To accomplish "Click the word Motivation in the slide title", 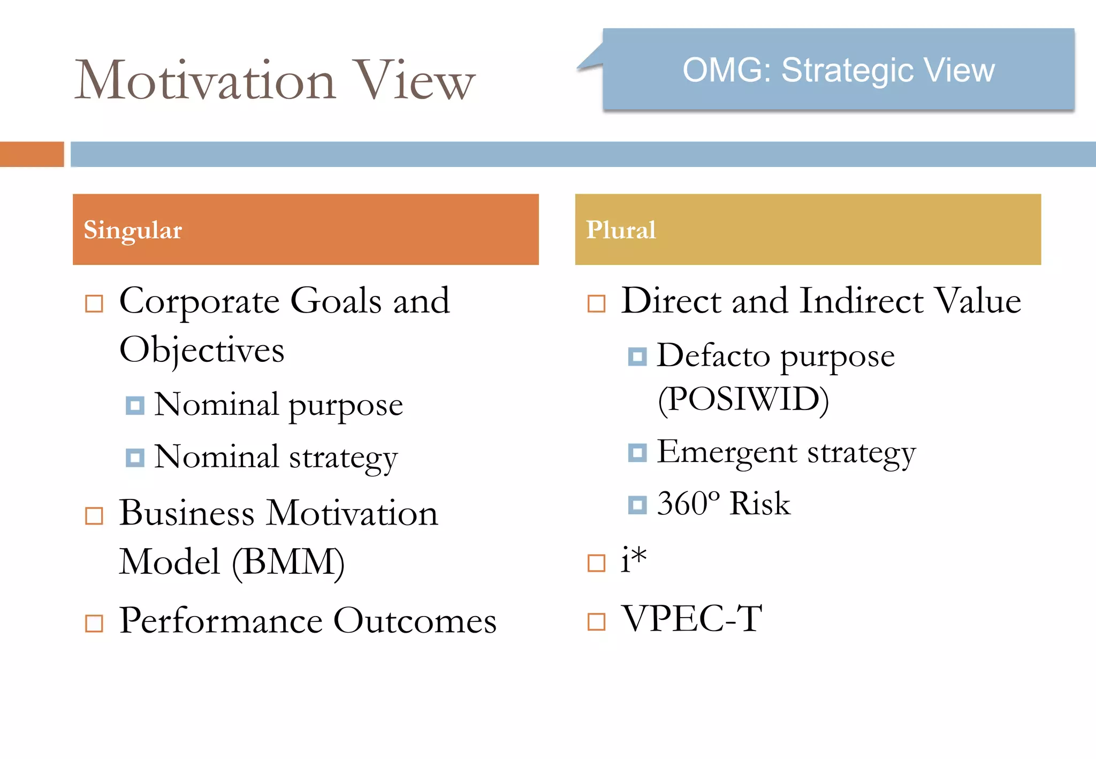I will (206, 80).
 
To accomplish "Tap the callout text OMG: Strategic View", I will (838, 70).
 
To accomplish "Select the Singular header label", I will (133, 230).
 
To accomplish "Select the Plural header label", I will (620, 230).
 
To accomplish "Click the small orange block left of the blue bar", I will (32, 154).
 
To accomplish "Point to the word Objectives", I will (202, 350).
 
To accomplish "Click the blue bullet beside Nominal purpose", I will (135, 405).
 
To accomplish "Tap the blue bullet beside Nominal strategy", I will (135, 458).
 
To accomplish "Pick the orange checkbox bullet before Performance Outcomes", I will (94, 623).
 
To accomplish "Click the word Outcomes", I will (415, 621).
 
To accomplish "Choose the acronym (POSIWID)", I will (743, 399).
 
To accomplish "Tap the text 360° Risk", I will (723, 504).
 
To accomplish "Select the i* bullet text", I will (634, 560).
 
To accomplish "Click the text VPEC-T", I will (691, 619).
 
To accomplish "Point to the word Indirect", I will (861, 301).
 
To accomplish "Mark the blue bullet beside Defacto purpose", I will (637, 356).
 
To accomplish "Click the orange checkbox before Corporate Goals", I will (94, 303).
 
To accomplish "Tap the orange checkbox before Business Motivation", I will (94, 516).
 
